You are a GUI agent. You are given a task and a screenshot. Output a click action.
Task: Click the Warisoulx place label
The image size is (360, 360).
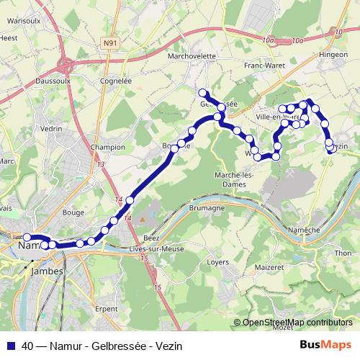[22, 21]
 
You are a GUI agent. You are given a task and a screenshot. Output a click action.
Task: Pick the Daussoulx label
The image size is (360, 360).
[41, 82]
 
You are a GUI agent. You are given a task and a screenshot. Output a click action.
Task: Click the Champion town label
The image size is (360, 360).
[108, 147]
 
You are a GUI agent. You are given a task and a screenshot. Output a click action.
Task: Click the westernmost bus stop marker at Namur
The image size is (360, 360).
[27, 237]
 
